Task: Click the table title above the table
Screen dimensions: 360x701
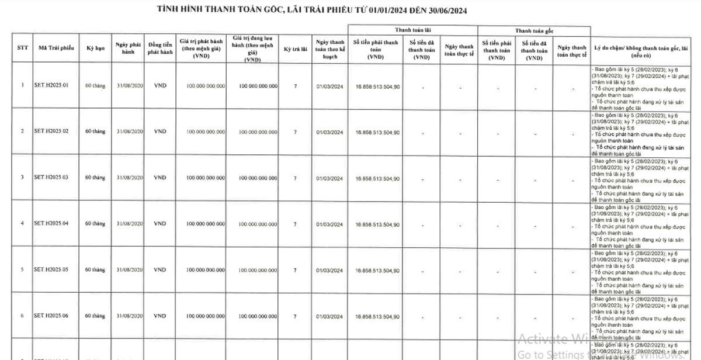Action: coord(312,11)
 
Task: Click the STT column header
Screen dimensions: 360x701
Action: coord(22,48)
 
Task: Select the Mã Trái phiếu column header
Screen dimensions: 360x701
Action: coord(56,48)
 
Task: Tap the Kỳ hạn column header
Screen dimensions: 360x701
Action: coord(95,48)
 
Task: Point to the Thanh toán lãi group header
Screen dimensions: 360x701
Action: coord(412,30)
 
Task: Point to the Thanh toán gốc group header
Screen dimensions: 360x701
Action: coord(534,30)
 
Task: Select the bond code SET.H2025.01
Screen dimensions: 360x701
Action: coord(51,85)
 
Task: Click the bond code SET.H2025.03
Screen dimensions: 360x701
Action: coord(51,177)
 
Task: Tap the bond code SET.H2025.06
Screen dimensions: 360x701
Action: coord(51,316)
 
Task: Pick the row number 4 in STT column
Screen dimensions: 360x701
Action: coord(22,224)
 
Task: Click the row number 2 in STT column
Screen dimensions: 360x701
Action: coord(22,131)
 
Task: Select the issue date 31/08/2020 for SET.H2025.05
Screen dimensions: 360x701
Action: coord(129,270)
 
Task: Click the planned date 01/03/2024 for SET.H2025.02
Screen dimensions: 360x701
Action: coord(329,132)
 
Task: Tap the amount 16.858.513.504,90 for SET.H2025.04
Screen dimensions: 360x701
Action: coord(377,224)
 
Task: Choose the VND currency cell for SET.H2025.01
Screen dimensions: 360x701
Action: coord(160,85)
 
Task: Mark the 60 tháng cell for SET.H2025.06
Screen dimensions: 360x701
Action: coord(95,316)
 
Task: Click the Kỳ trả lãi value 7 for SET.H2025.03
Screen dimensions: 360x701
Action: coord(295,178)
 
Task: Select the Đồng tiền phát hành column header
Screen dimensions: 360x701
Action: coord(160,48)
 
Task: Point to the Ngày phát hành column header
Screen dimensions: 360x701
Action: coord(129,48)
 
